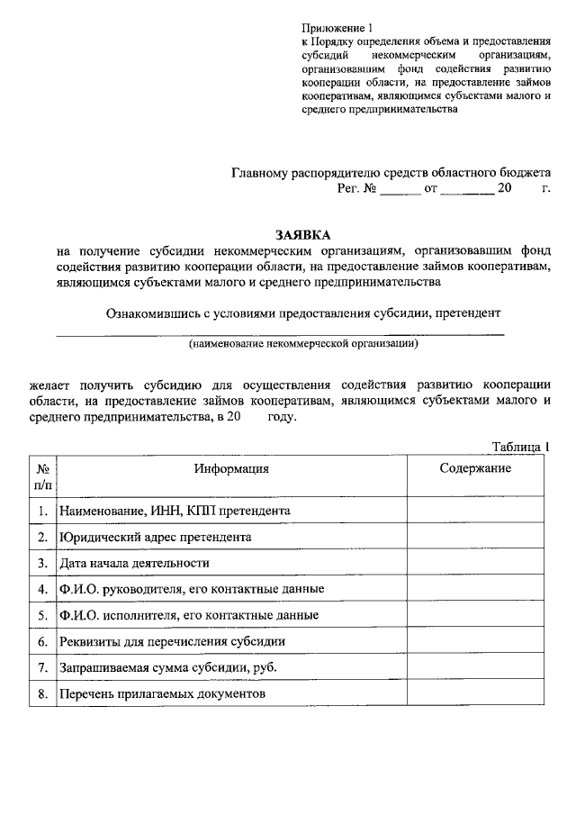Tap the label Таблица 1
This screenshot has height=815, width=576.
click(x=519, y=447)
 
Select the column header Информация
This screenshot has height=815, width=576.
click(x=230, y=468)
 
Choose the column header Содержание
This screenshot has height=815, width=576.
click(x=475, y=468)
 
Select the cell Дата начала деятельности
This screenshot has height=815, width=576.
click(x=134, y=563)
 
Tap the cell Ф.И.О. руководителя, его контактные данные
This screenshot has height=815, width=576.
click(x=192, y=589)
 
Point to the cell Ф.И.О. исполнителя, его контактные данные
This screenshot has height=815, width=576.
click(x=189, y=616)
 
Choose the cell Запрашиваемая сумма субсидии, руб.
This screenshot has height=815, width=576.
click(x=167, y=668)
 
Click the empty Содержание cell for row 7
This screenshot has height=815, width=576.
click(x=475, y=668)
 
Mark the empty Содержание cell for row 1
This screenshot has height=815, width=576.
click(x=475, y=511)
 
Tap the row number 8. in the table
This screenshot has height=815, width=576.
click(x=42, y=694)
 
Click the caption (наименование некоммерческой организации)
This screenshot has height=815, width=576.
click(x=303, y=344)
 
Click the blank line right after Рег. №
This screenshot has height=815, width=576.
click(x=400, y=190)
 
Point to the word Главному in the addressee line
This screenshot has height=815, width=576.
click(x=258, y=172)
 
